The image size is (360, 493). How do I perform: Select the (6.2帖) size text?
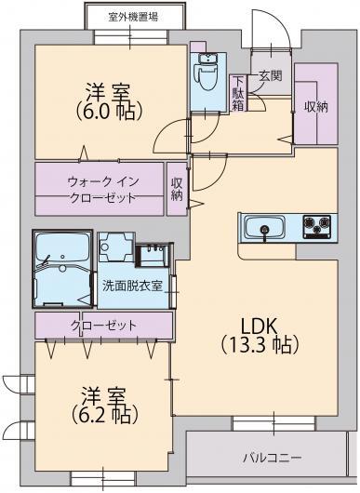(x=105, y=413)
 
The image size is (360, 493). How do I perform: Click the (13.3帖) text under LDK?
(x=260, y=345)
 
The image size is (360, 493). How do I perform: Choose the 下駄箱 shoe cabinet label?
(x=239, y=92)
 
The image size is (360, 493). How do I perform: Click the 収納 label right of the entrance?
(x=315, y=106)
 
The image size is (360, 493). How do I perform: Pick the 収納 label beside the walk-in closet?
(x=178, y=189)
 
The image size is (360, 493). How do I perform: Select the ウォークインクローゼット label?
(x=101, y=189)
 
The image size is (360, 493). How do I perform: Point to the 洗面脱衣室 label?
(x=133, y=286)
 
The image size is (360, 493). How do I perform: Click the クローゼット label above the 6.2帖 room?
(x=103, y=326)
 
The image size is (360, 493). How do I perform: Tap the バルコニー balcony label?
(x=272, y=459)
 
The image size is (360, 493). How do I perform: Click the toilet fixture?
(x=203, y=72)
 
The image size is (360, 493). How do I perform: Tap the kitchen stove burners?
(x=316, y=225)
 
